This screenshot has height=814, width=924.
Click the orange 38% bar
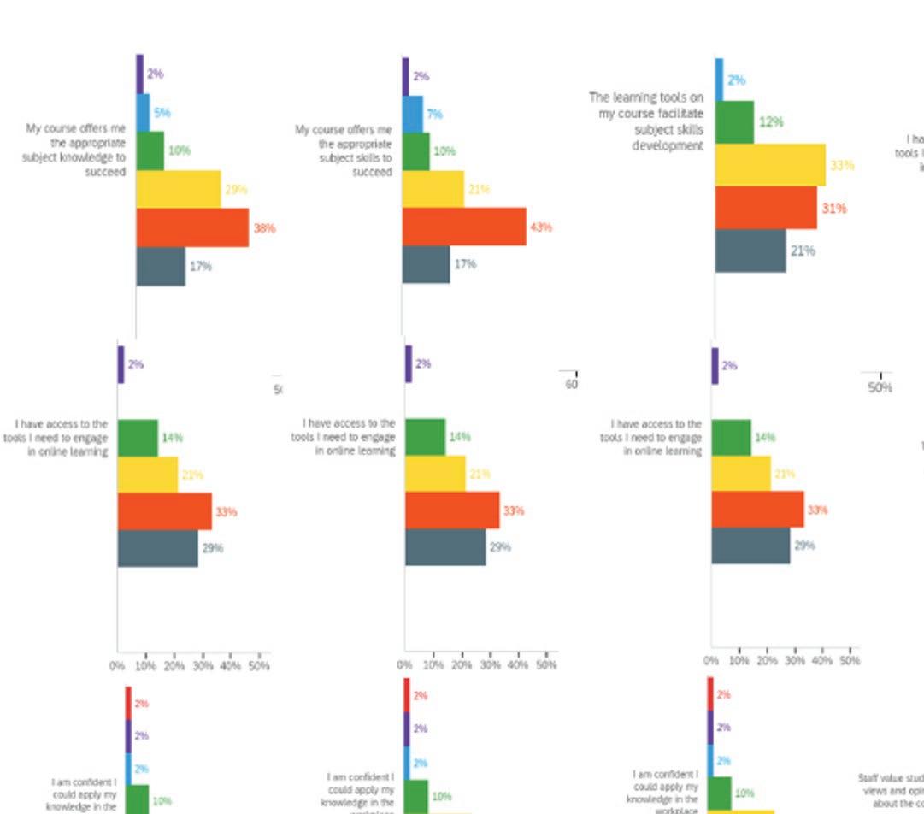(192, 227)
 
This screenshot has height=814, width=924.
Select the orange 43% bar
(464, 227)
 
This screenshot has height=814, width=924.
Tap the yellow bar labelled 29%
(178, 189)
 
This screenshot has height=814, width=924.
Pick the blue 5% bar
(143, 112)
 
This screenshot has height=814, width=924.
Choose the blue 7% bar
(412, 114)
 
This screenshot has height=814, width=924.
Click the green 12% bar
(734, 122)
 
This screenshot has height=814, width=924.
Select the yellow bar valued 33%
(770, 165)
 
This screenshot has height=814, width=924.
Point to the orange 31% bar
(766, 208)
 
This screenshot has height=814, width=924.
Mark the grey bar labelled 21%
(750, 251)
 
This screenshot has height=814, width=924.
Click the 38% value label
(264, 228)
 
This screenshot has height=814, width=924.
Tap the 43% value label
(541, 227)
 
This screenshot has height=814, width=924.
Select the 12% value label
(771, 122)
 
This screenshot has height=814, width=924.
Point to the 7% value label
(435, 114)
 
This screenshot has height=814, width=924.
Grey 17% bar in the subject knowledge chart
(161, 266)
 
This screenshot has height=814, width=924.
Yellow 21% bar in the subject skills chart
(433, 189)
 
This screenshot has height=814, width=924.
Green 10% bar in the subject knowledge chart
(150, 150)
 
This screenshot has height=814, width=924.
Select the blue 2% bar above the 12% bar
(719, 80)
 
